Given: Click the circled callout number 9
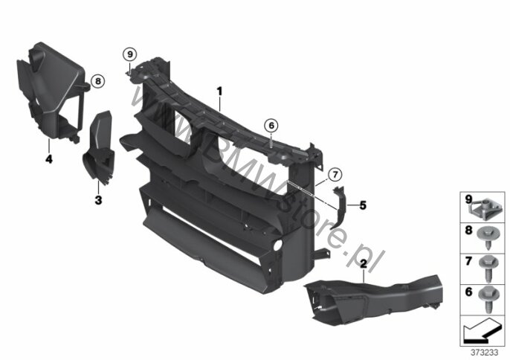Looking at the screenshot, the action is (130, 54).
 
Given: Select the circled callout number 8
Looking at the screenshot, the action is (98, 81).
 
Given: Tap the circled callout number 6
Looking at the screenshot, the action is (271, 125).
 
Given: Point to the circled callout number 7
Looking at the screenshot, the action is (335, 175).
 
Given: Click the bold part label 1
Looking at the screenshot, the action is (220, 91).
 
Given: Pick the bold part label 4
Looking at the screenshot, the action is (49, 159).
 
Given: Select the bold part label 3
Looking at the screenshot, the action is (98, 200).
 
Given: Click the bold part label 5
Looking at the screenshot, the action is (363, 205).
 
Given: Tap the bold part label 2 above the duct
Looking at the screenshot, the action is (364, 264).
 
